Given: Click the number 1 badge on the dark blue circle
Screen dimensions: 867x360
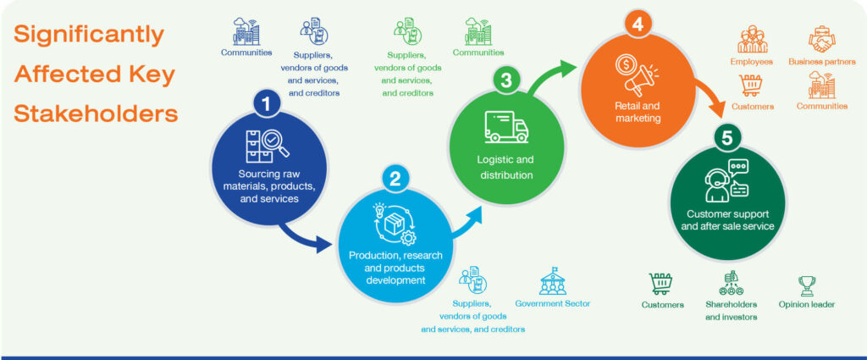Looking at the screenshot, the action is tap(267, 104).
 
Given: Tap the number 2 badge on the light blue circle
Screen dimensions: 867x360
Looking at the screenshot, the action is tap(395, 179).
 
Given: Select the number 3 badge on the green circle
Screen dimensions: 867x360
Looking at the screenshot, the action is tap(505, 80).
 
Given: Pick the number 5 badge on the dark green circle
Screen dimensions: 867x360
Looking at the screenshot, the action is tap(727, 138).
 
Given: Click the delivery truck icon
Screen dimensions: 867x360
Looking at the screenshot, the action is tap(506, 127).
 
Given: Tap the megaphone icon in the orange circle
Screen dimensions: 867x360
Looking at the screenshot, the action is tap(637, 74).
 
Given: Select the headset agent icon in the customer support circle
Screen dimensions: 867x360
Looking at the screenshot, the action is tap(726, 180).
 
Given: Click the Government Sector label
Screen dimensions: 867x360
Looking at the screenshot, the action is tap(552, 303).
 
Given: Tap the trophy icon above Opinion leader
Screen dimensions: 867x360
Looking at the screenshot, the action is tap(807, 286).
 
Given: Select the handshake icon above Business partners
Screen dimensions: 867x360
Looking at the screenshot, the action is tap(821, 39).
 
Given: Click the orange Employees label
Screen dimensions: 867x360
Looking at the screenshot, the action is tap(752, 62).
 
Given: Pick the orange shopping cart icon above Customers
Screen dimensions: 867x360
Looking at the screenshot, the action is tap(751, 86).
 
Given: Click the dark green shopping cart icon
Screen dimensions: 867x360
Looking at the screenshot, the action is tap(660, 284).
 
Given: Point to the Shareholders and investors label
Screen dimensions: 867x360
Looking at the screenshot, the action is tap(731, 311).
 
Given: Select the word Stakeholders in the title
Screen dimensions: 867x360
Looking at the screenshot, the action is tap(96, 114).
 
